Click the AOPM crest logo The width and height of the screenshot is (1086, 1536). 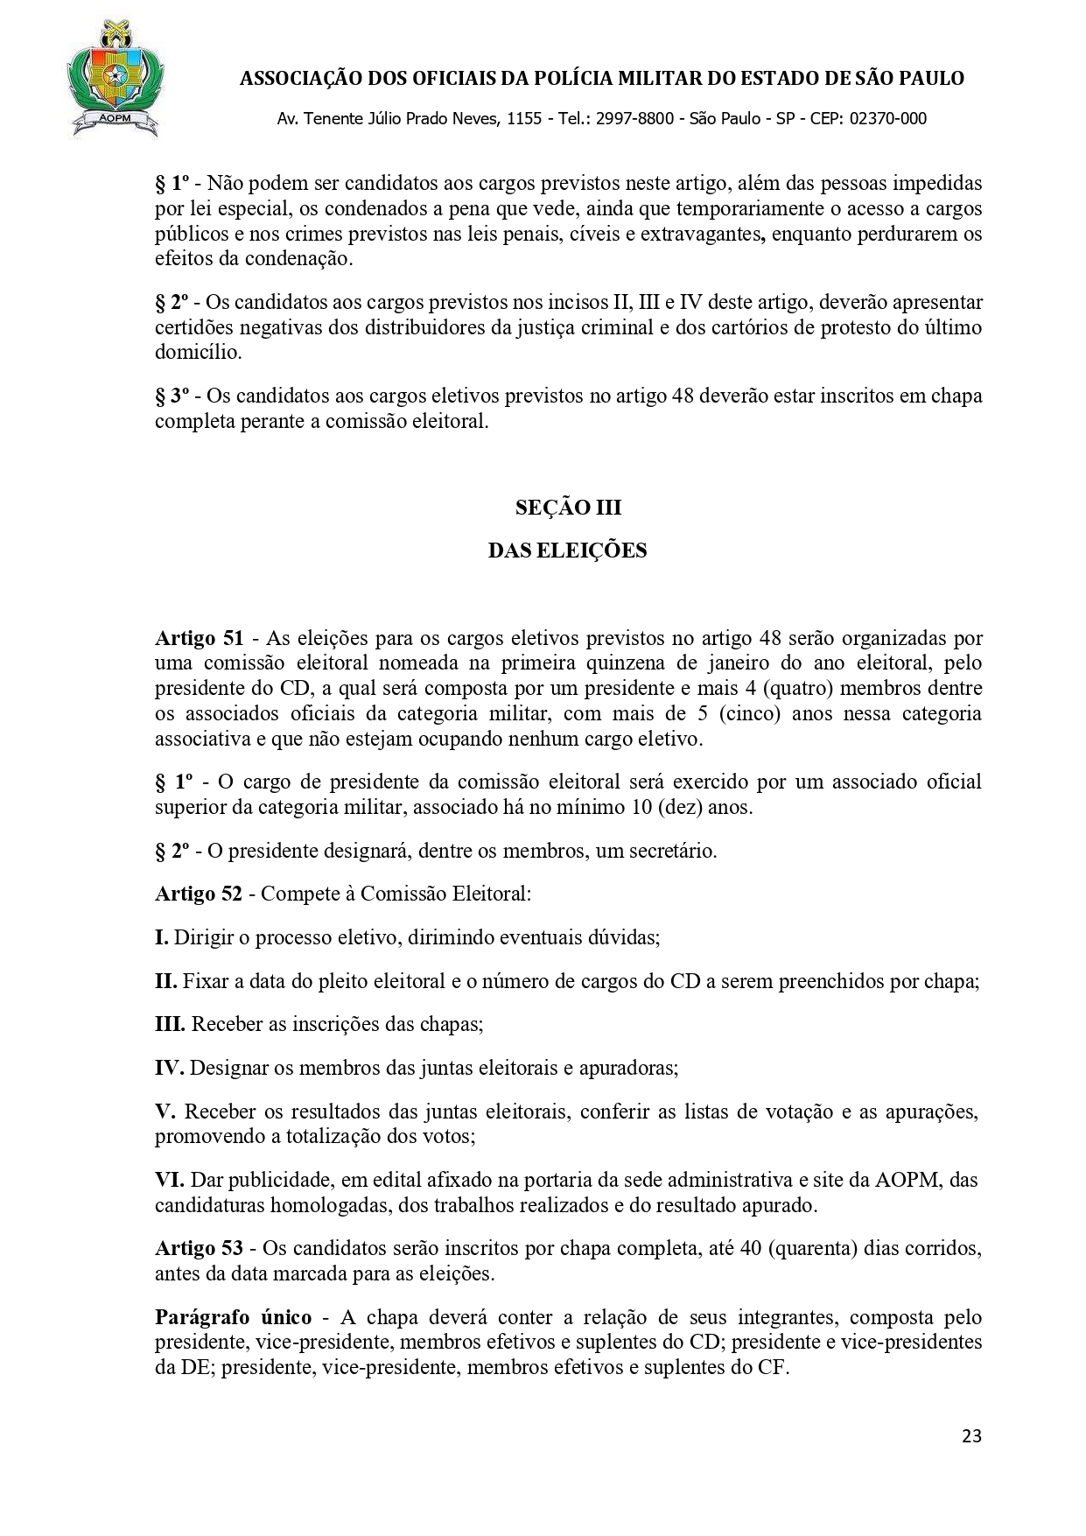tap(114, 79)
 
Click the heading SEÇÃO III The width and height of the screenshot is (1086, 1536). tap(568, 508)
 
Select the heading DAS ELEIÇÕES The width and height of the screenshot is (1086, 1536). tap(568, 551)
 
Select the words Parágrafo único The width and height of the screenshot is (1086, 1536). tap(232, 1317)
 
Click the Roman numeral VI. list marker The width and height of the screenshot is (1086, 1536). tap(169, 1180)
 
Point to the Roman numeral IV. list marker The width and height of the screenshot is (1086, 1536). tap(169, 1068)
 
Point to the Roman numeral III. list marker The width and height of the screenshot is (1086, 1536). tap(171, 1024)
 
